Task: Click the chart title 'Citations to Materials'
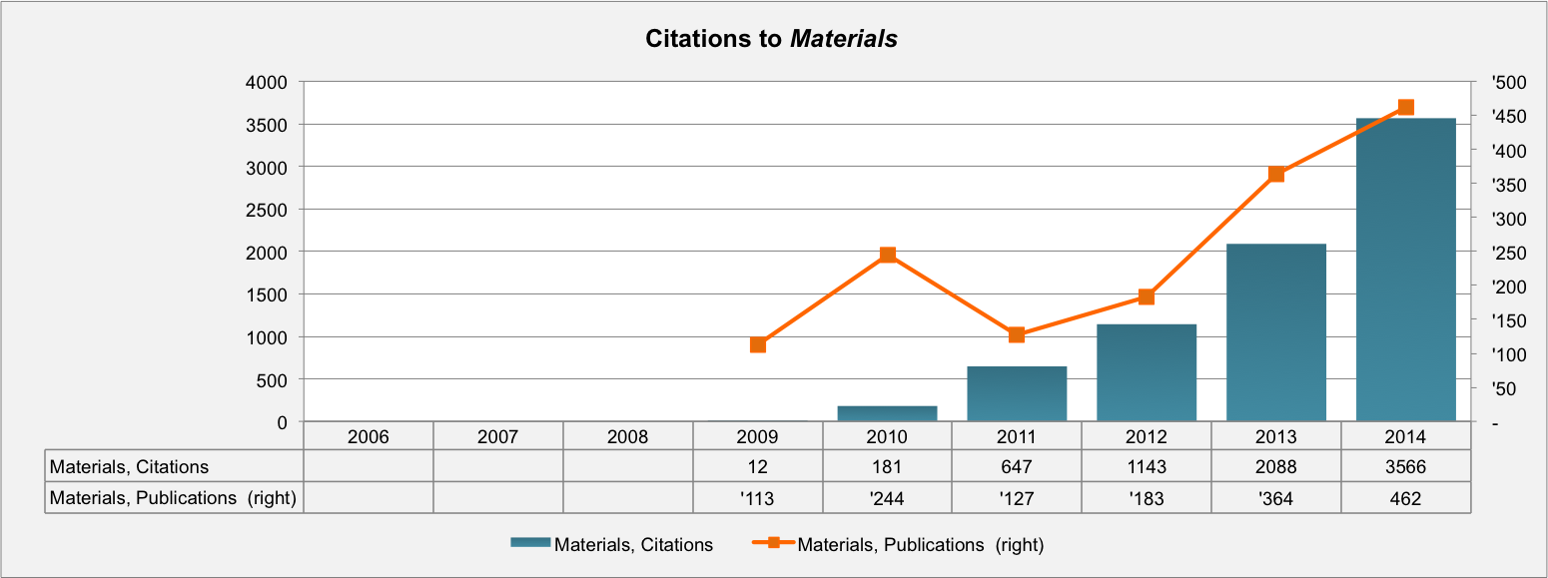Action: (771, 39)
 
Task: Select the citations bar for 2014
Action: (1405, 270)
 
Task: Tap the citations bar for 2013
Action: (1275, 332)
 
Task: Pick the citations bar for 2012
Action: (1147, 372)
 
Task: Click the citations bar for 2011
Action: (1017, 393)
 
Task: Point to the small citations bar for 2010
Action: (887, 413)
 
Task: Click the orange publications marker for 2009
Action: (758, 345)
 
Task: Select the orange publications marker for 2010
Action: (887, 256)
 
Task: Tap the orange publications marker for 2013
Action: (1275, 175)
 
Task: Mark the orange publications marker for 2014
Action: (1405, 108)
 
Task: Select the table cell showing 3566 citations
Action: (1405, 466)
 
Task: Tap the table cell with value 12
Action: (758, 466)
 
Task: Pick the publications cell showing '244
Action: (887, 498)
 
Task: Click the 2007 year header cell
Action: (497, 436)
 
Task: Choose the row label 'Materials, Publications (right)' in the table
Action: (174, 498)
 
